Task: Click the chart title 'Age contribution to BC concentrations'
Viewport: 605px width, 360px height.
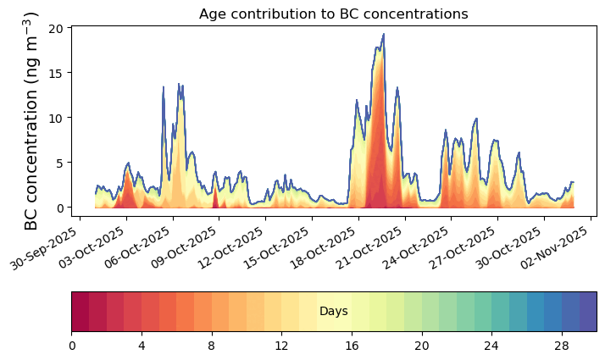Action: [x=333, y=14]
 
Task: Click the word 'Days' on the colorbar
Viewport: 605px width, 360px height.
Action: [x=333, y=312]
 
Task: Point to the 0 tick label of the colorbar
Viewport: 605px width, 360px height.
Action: [x=72, y=346]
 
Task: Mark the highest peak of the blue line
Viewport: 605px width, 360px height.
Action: [x=384, y=34]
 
